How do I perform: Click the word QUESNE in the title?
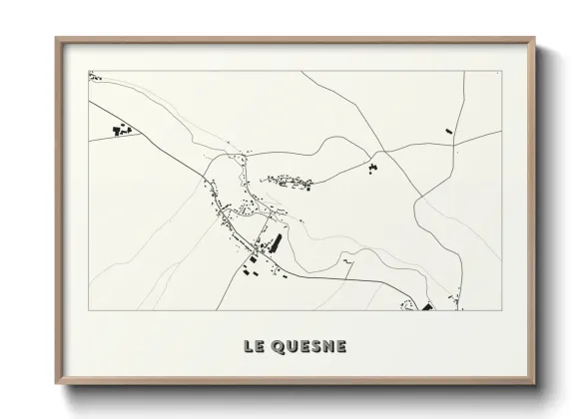click(308, 347)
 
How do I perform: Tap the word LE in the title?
click(253, 347)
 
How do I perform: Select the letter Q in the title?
click(279, 347)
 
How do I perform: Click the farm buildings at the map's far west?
click(121, 131)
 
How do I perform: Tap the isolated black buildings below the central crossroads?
click(373, 167)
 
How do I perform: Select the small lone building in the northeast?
click(448, 129)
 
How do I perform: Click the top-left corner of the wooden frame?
click(56, 38)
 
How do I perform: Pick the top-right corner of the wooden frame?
click(534, 38)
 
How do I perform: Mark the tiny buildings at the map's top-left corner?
click(92, 75)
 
